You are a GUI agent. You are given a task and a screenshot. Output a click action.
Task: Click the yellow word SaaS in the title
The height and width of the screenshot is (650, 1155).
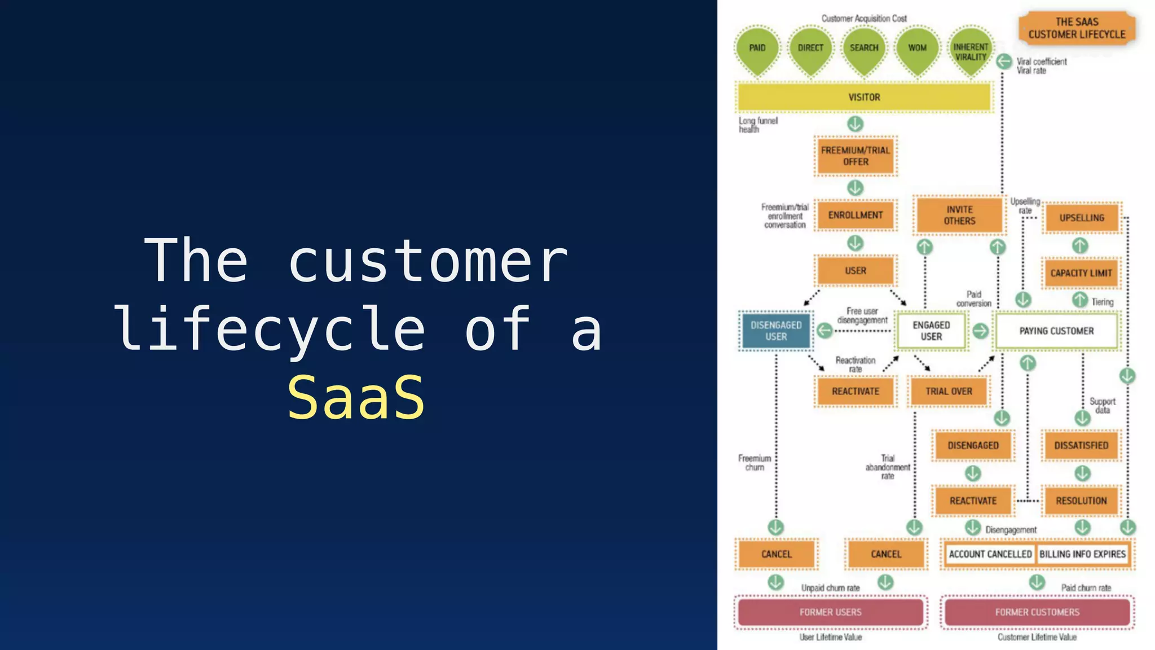point(356,398)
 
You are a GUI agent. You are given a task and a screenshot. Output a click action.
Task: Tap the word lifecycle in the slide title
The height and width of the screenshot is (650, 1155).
point(270,330)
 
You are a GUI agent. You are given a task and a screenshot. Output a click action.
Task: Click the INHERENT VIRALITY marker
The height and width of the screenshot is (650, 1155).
point(971,52)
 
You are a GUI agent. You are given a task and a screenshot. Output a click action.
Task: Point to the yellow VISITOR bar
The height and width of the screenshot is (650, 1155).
point(864,97)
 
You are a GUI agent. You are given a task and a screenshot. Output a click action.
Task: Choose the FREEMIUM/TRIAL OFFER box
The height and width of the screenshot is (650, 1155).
point(856,156)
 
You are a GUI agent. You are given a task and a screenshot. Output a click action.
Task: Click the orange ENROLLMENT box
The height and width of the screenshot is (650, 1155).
point(856,215)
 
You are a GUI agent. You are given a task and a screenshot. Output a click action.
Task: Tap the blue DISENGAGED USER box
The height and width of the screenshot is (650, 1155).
point(775,331)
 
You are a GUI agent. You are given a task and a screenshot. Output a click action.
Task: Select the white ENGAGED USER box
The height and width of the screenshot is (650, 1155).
point(931,331)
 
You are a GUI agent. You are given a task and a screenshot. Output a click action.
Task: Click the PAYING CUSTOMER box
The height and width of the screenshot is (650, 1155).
point(1056,331)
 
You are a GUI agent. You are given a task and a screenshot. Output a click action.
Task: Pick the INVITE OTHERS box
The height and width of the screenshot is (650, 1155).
point(959,215)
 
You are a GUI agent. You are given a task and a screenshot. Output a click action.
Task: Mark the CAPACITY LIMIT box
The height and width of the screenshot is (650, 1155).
point(1081,273)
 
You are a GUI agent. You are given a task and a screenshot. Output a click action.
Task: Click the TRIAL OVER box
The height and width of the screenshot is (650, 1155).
point(949,391)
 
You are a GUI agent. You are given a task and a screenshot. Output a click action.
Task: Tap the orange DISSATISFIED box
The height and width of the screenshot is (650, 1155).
point(1081,445)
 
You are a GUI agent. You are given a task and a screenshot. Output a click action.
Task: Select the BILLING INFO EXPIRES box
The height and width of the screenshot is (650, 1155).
point(1082,554)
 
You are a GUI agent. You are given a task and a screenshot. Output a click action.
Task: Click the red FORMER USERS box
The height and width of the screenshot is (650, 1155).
point(830,612)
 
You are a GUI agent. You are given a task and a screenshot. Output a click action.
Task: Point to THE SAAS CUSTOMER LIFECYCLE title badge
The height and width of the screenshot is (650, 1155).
point(1077,28)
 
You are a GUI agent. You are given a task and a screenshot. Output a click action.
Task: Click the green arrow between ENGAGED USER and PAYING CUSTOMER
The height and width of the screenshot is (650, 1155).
point(981,331)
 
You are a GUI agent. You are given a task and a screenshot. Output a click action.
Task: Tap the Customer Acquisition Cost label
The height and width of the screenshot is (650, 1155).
point(864,19)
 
